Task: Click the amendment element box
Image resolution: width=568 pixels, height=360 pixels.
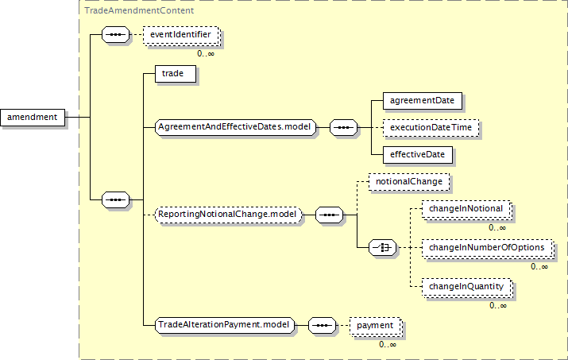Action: pyautogui.click(x=33, y=118)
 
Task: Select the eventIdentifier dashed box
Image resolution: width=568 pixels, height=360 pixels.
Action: pyautogui.click(x=181, y=35)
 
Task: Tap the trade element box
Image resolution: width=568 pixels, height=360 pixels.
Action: pyautogui.click(x=176, y=74)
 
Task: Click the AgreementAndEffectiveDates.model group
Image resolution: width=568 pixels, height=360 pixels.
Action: pyautogui.click(x=235, y=128)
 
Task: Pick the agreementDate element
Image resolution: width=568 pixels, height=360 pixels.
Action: pyautogui.click(x=423, y=101)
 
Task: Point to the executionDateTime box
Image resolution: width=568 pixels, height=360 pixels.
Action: pyautogui.click(x=431, y=128)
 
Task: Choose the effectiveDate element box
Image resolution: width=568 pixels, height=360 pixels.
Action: pyautogui.click(x=418, y=155)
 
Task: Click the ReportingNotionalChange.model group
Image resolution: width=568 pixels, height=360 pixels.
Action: pyautogui.click(x=228, y=215)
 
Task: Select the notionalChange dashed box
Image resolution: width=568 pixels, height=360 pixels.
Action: pyautogui.click(x=409, y=182)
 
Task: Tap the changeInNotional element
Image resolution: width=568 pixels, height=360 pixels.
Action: pyautogui.click(x=466, y=210)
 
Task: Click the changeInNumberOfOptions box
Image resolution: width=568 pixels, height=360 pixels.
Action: pyautogui.click(x=488, y=248)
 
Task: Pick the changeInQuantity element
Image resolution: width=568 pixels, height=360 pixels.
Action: pyautogui.click(x=467, y=287)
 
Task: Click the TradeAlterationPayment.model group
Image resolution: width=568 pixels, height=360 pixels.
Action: pyautogui.click(x=225, y=325)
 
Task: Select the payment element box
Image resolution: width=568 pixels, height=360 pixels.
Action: pyautogui.click(x=376, y=327)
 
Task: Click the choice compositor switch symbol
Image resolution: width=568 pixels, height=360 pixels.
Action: pyautogui.click(x=383, y=248)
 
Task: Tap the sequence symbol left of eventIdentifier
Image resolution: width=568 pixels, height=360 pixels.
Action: pyautogui.click(x=115, y=35)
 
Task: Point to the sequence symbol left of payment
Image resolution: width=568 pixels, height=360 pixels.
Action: pyautogui.click(x=323, y=326)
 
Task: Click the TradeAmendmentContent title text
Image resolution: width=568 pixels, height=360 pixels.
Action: pyautogui.click(x=139, y=10)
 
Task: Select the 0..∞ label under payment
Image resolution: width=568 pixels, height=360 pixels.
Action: pyautogui.click(x=388, y=344)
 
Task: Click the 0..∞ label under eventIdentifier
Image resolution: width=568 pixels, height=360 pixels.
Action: pyautogui.click(x=206, y=54)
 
